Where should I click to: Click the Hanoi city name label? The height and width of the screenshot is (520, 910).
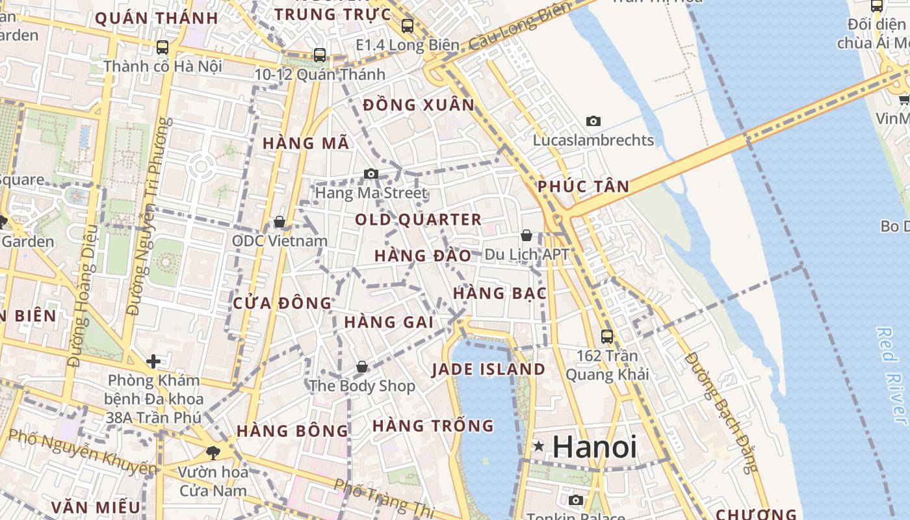coord(594,447)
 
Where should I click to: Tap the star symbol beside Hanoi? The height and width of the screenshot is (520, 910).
coord(539,447)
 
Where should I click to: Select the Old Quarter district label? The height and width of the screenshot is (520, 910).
coord(418,220)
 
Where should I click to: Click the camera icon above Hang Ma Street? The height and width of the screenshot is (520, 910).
coord(371,174)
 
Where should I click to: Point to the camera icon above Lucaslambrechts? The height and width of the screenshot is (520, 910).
coord(593,121)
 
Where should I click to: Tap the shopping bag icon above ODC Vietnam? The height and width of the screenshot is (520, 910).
coord(279,222)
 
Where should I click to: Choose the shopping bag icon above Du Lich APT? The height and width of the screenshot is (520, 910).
coord(526,235)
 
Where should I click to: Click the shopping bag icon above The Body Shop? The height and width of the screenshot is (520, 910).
coord(362,367)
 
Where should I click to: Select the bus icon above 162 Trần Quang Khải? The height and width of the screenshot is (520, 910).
coord(607,337)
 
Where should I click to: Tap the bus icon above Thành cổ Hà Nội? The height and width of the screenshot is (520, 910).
coord(162,47)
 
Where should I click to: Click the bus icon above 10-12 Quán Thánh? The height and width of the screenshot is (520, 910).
coord(319,55)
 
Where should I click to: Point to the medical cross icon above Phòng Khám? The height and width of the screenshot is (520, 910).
coord(153,361)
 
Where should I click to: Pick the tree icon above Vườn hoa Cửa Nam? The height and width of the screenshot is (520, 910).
coord(212,452)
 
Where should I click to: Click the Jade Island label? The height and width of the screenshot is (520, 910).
coord(488,370)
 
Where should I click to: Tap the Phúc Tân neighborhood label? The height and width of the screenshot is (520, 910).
coord(583,187)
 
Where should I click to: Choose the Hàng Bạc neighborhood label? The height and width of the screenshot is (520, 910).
coord(499,294)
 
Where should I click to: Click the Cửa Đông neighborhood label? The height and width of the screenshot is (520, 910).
coord(282,304)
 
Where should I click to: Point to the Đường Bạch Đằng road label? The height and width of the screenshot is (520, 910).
coord(721,412)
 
